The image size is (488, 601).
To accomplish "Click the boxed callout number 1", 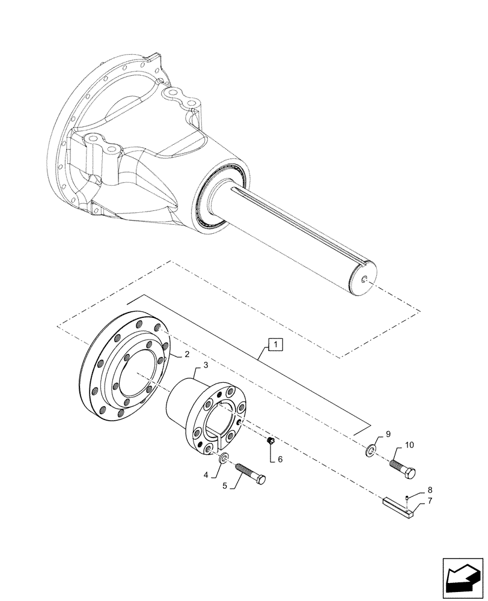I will point(274,345).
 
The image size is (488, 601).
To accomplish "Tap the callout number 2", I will point(170,355).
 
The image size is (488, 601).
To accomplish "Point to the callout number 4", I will point(207,474).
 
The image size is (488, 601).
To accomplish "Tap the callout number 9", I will point(388,434).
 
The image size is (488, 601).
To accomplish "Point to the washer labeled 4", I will point(224,460).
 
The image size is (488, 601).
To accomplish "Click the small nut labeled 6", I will point(270,442).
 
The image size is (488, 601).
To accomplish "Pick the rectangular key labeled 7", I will point(397,506).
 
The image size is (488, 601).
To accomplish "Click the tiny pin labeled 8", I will point(407,497).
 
